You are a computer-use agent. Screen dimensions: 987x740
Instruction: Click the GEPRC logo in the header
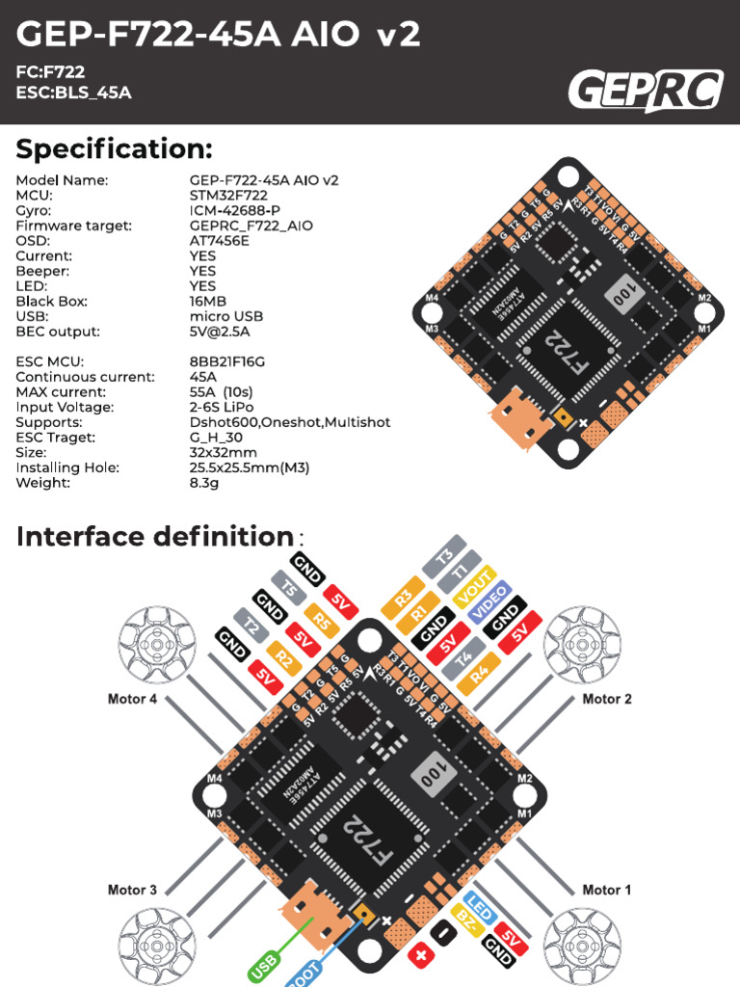click(x=645, y=92)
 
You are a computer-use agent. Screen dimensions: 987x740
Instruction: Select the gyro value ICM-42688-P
click(x=235, y=210)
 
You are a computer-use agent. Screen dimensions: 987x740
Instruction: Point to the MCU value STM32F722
click(x=228, y=195)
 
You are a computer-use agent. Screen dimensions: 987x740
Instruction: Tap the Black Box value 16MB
click(x=209, y=301)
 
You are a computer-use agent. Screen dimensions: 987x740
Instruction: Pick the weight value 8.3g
click(x=204, y=483)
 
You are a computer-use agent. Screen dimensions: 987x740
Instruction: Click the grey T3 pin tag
click(x=444, y=557)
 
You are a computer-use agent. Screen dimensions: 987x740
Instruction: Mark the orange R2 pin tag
click(x=283, y=659)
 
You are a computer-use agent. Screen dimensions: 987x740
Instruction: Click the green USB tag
click(x=264, y=966)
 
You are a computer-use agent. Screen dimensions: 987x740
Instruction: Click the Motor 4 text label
click(x=132, y=699)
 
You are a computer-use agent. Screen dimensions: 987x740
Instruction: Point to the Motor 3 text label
click(x=132, y=890)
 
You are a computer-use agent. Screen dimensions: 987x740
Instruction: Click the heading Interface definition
click(x=154, y=536)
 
